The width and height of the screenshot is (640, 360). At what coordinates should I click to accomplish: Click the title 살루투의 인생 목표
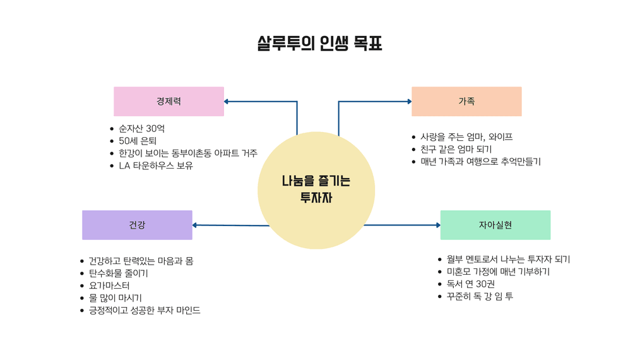pos(319,44)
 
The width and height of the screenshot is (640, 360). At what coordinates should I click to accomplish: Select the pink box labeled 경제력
pos(169,101)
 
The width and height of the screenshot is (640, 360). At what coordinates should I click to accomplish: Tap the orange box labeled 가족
pos(466,101)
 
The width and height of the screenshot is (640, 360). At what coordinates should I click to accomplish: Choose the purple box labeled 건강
pos(137,225)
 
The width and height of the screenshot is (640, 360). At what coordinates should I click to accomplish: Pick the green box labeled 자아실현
pos(495,225)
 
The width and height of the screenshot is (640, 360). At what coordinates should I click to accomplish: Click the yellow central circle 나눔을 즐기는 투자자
pos(316,189)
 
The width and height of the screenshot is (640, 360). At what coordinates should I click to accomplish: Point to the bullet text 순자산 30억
pos(142,129)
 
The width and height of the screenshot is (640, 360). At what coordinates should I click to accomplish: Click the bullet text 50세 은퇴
pos(137,141)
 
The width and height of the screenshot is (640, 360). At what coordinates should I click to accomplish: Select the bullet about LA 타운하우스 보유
pos(156,166)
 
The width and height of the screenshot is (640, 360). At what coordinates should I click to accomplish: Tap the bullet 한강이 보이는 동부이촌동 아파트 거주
pos(187,153)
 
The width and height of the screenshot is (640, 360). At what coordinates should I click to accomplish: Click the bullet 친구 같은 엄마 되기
pos(456,149)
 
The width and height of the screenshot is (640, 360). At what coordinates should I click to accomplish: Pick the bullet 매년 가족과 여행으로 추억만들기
pos(480,162)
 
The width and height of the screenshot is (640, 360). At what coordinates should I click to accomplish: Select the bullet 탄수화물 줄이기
pos(118,273)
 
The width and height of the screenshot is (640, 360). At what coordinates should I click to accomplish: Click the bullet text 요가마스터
pos(109,285)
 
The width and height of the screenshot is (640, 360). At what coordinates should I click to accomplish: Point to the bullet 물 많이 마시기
pos(115,298)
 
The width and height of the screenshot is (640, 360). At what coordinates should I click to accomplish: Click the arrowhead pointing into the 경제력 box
pos(227,101)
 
